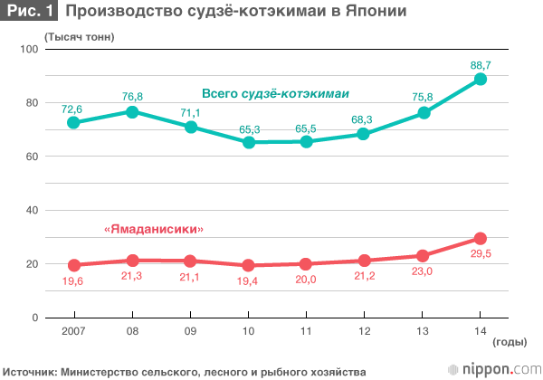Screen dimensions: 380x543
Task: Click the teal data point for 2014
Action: coord(481,80)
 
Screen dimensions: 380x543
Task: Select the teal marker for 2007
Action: coord(73,122)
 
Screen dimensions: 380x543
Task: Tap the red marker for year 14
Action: coord(481,239)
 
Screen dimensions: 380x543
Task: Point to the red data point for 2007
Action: coord(73,265)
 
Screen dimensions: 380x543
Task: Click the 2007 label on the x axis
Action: coord(73,332)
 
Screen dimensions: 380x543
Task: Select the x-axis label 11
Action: coord(306,332)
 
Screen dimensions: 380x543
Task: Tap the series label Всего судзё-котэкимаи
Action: coord(275,94)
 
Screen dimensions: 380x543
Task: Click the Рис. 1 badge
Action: coord(30,13)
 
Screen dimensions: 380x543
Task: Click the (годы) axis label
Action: coord(511,343)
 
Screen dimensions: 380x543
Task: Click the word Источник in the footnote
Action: coord(30,370)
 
